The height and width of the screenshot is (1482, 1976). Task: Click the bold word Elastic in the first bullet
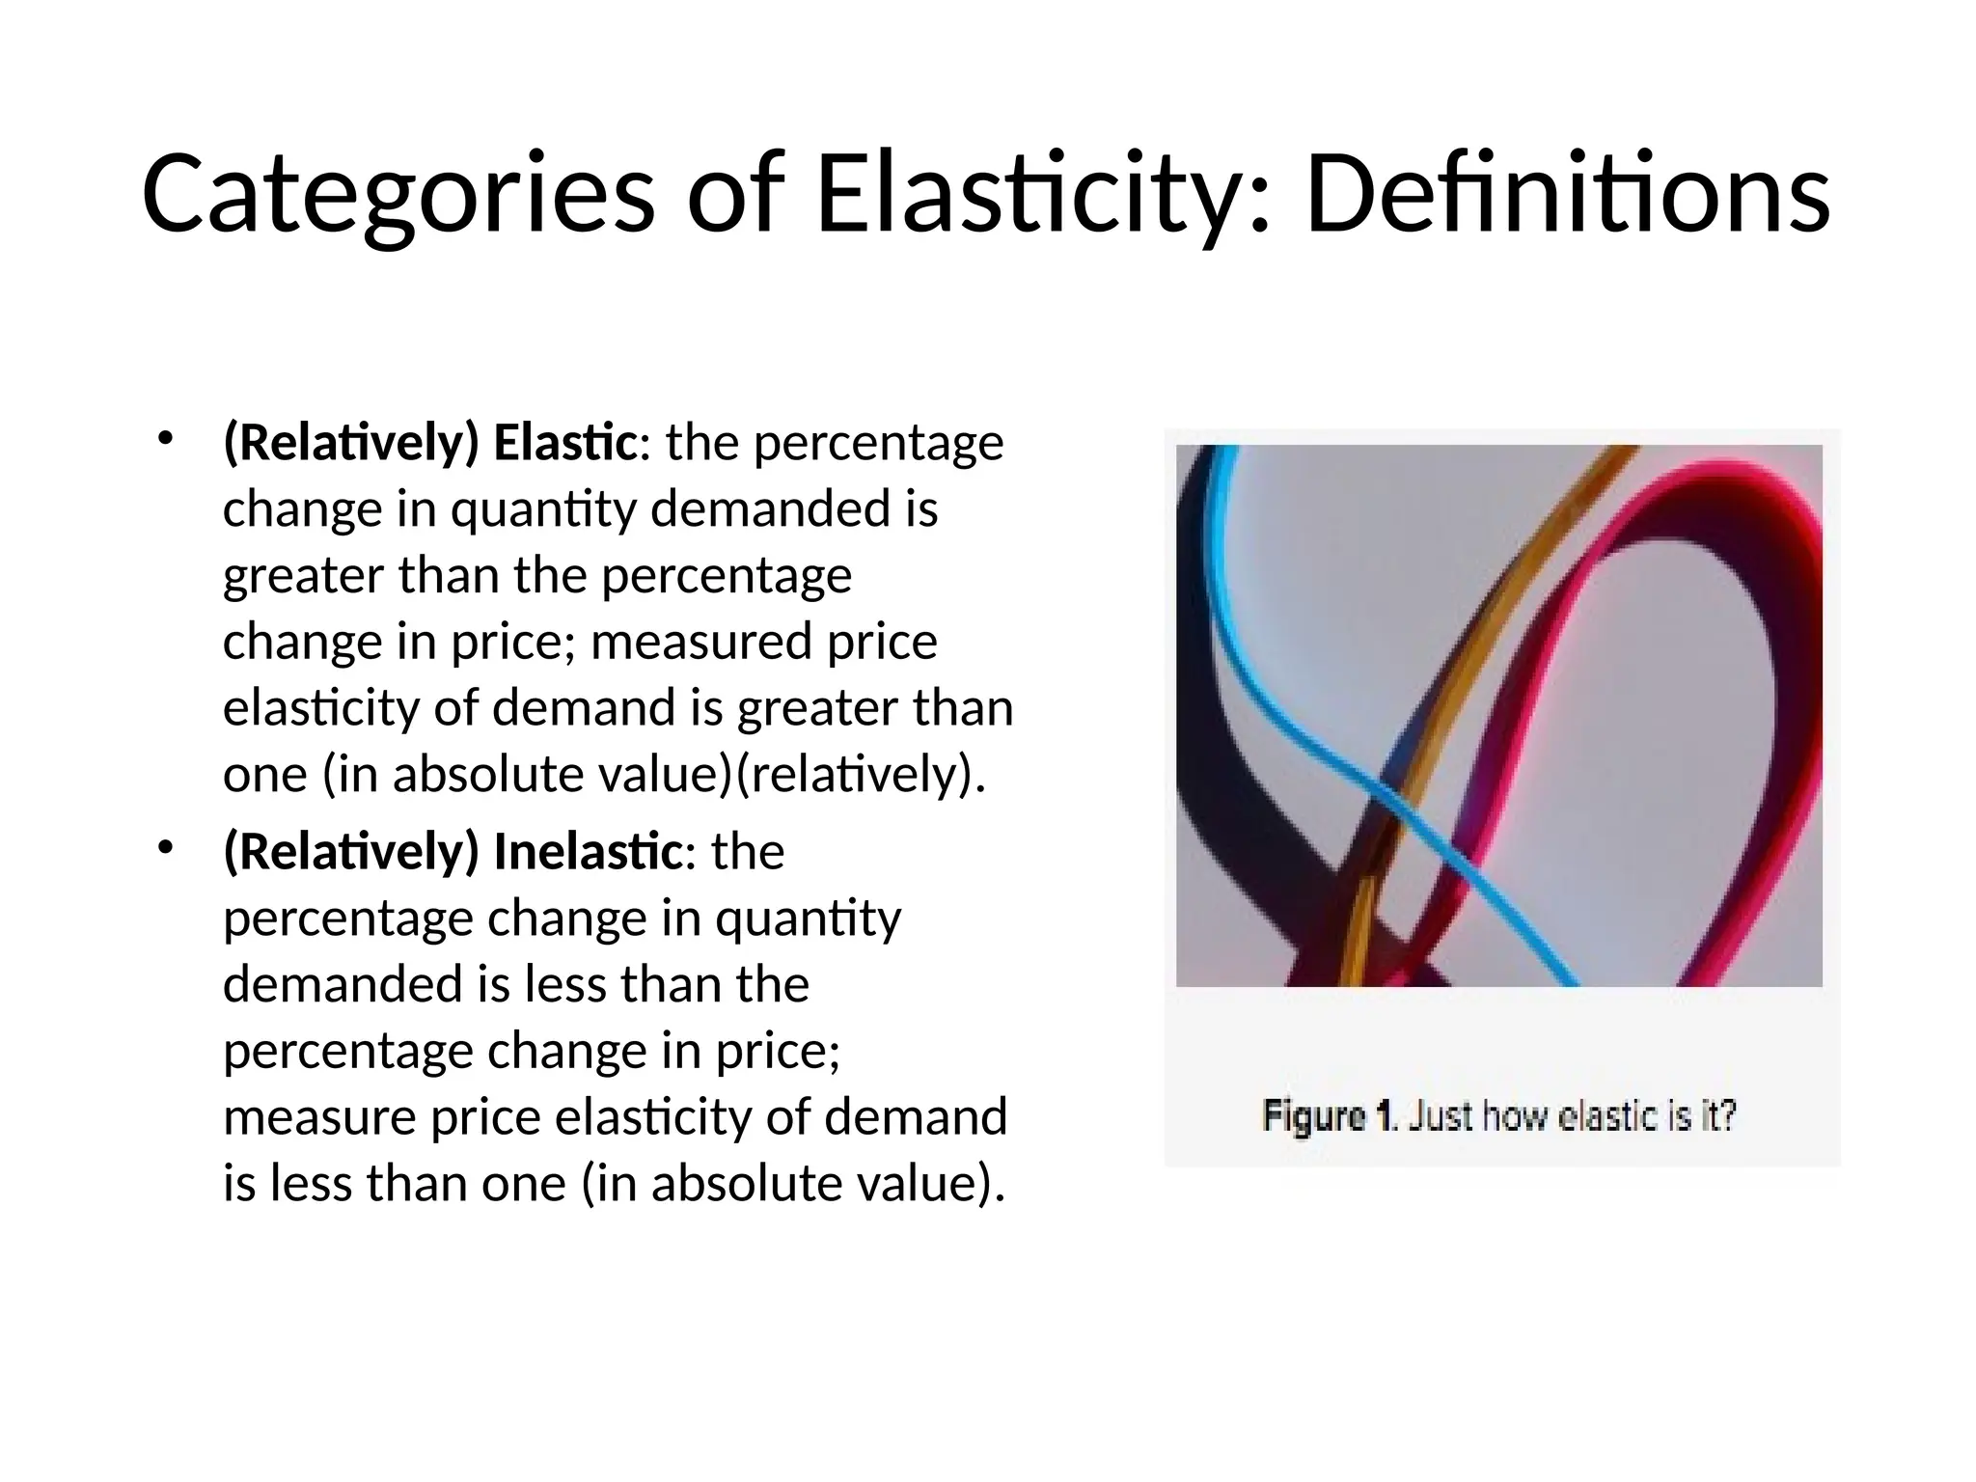point(564,444)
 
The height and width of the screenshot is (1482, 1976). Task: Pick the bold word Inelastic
point(588,852)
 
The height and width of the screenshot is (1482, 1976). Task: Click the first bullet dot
point(165,439)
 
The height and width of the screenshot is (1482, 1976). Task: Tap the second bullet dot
point(165,847)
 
